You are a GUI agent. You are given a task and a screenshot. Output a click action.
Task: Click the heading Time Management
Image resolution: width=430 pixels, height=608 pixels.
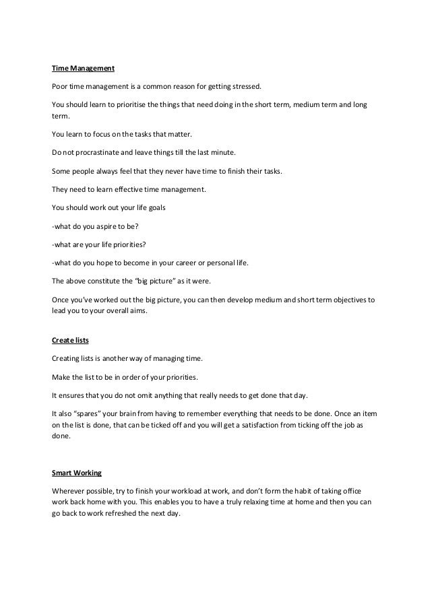pyautogui.click(x=84, y=68)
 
